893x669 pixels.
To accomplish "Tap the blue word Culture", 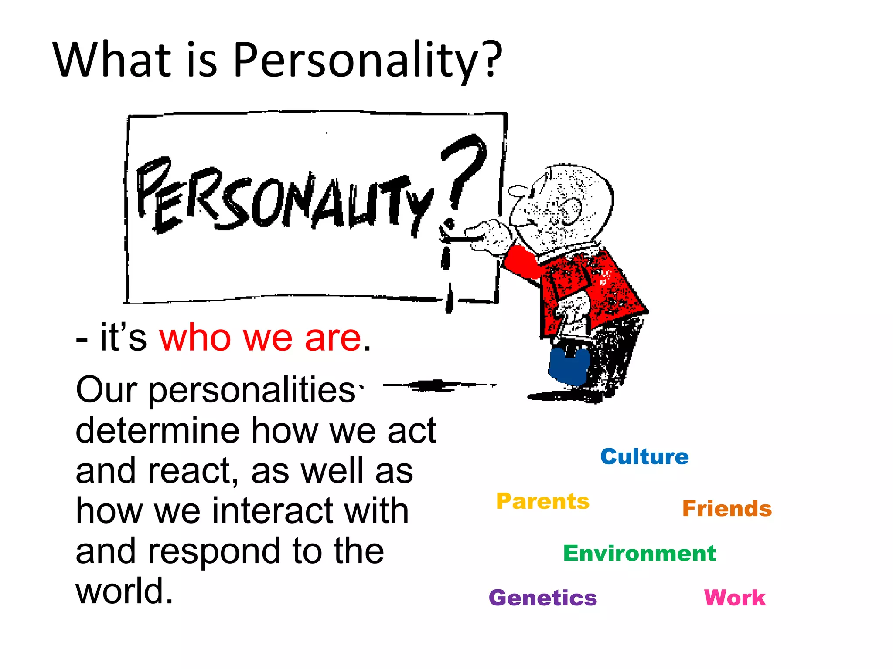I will pos(644,456).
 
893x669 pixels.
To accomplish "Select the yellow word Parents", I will pos(543,501).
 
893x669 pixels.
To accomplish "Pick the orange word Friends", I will pos(727,508).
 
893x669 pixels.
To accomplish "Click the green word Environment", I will pos(639,553).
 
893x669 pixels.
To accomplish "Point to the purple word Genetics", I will pos(543,598).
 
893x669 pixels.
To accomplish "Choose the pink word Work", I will pos(735,598).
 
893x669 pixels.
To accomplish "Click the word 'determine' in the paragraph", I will pos(158,430).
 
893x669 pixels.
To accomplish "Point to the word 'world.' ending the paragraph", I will pos(125,591).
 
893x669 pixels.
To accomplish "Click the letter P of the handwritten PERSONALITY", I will pos(150,187).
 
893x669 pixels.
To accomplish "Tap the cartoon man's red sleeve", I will pos(521,261).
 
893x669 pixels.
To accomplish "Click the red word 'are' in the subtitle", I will pos(333,338).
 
